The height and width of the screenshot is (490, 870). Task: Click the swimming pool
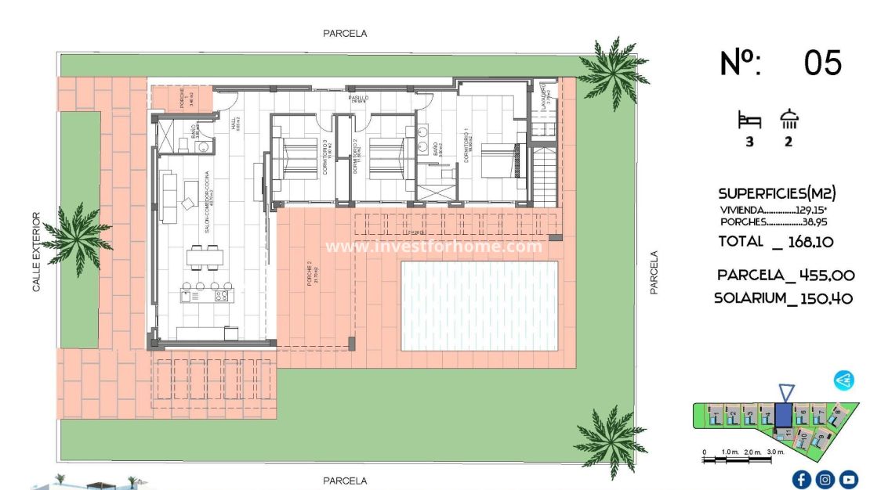[x=479, y=305]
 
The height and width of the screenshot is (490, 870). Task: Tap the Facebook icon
[x=801, y=479]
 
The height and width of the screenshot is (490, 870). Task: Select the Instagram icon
[x=825, y=479]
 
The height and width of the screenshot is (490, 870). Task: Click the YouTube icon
[x=849, y=479]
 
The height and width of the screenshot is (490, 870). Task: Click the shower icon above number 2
[x=788, y=119]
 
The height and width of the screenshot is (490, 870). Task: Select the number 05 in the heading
[x=822, y=63]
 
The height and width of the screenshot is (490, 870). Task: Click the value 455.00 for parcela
[x=822, y=276]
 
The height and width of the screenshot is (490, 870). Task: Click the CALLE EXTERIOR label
[x=36, y=252]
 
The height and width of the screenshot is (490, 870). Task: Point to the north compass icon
[x=844, y=380]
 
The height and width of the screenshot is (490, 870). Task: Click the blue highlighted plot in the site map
[x=783, y=415]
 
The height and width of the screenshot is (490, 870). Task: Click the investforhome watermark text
[x=433, y=247]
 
